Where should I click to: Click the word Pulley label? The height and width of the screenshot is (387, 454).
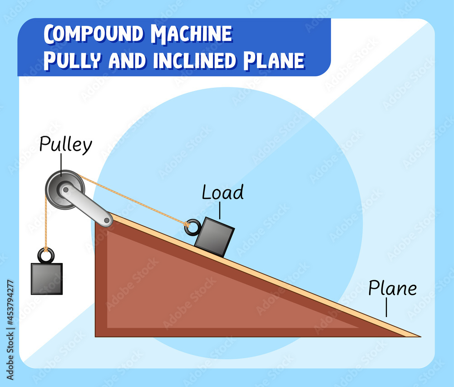click(x=65, y=145)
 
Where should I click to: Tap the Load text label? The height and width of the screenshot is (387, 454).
click(x=222, y=193)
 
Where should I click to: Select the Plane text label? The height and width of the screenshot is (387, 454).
click(x=392, y=288)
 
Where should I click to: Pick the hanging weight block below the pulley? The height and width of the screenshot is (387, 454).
click(x=46, y=278)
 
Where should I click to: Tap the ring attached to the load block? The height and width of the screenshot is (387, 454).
click(x=192, y=227)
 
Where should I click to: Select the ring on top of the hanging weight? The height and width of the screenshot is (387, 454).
click(x=46, y=256)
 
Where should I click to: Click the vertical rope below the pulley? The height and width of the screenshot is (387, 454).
click(x=45, y=223)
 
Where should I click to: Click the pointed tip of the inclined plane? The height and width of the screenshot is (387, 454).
click(x=419, y=336)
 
